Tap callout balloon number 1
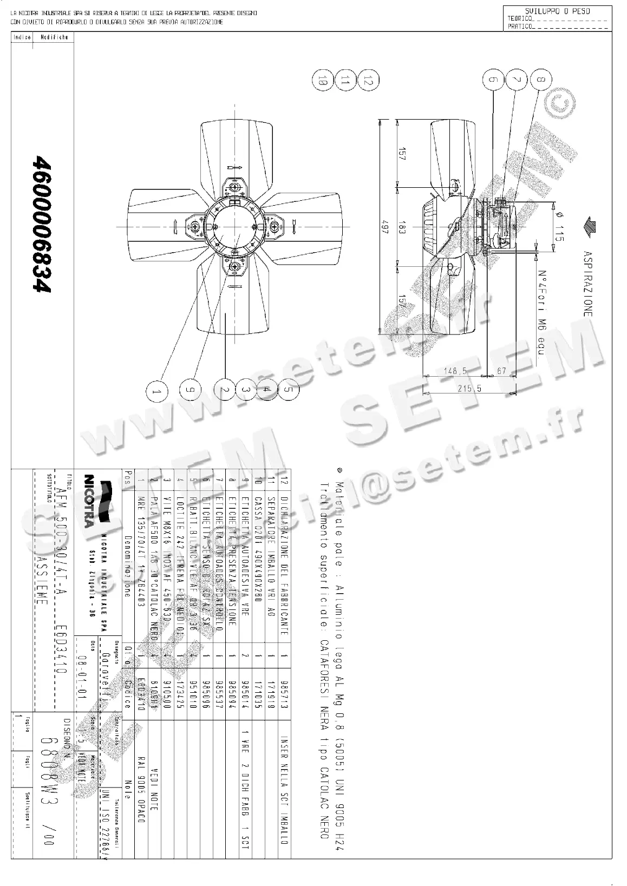(x=156, y=390)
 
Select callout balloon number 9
(x=190, y=390)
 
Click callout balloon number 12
(x=368, y=81)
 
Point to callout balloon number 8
(x=541, y=80)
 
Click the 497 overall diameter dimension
(x=386, y=225)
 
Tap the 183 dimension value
(x=402, y=229)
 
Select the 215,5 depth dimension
(x=469, y=388)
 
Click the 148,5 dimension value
(x=455, y=371)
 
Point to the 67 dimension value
(x=501, y=371)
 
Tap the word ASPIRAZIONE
(x=587, y=283)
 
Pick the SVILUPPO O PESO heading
(x=557, y=11)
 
